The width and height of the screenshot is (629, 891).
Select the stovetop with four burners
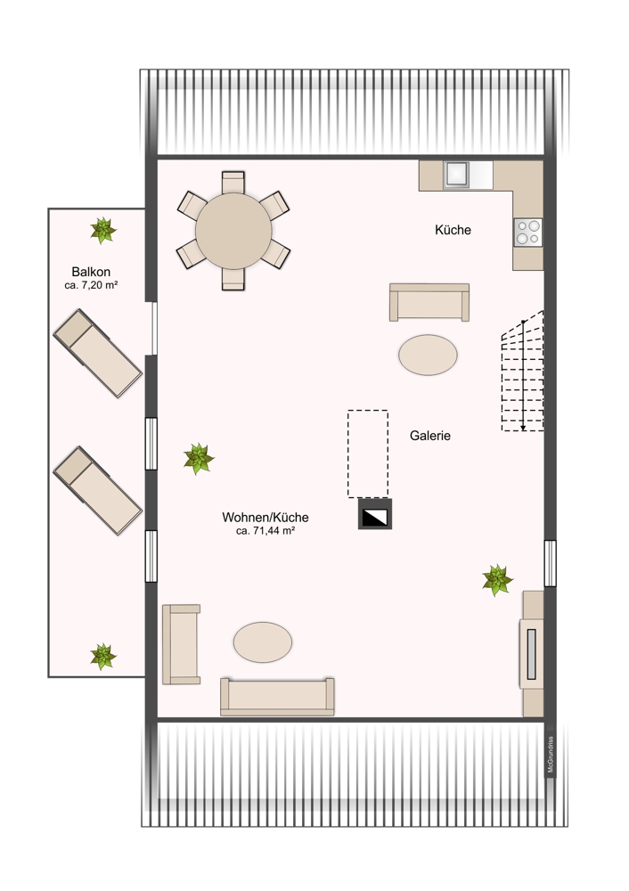click(x=527, y=232)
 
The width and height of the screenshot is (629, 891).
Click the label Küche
click(x=453, y=230)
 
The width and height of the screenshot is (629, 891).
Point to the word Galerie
click(x=430, y=436)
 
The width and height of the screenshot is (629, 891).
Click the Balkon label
click(x=92, y=271)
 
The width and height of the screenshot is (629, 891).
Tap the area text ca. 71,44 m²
click(x=265, y=530)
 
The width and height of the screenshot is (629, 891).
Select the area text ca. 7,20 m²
click(x=92, y=285)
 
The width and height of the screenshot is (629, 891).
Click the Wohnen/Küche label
click(x=265, y=517)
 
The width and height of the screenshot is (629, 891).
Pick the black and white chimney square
click(x=374, y=514)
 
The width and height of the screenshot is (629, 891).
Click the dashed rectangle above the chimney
click(x=368, y=453)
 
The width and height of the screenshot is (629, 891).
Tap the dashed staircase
click(x=523, y=372)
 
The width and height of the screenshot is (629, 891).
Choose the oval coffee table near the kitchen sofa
click(x=428, y=354)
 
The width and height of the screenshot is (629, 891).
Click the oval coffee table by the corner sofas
click(x=263, y=642)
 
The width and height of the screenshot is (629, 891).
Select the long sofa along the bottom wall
click(x=277, y=696)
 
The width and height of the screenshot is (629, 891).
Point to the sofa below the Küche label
click(x=429, y=302)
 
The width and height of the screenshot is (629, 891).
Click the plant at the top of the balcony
click(x=103, y=231)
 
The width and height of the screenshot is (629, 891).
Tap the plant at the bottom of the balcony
click(x=103, y=657)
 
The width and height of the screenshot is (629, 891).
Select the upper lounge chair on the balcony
click(x=97, y=353)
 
